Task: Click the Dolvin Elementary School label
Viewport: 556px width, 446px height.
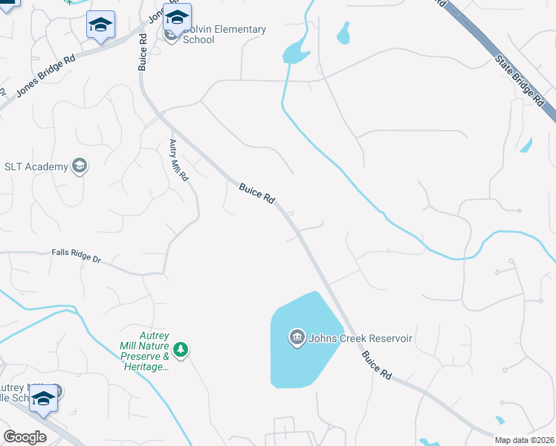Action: [x=224, y=34]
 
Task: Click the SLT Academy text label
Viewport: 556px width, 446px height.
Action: [x=36, y=166]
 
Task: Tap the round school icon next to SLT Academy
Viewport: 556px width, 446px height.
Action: [x=80, y=166]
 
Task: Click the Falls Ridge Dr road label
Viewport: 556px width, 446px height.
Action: [x=76, y=256]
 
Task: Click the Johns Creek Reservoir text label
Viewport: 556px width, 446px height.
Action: [x=360, y=338]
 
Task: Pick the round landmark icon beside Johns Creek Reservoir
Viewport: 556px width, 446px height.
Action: [x=297, y=338]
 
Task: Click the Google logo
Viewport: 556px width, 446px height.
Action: [x=25, y=437]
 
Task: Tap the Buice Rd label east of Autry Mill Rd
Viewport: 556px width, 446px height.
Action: [x=257, y=193]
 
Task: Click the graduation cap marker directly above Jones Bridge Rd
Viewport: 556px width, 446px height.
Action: [x=100, y=25]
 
